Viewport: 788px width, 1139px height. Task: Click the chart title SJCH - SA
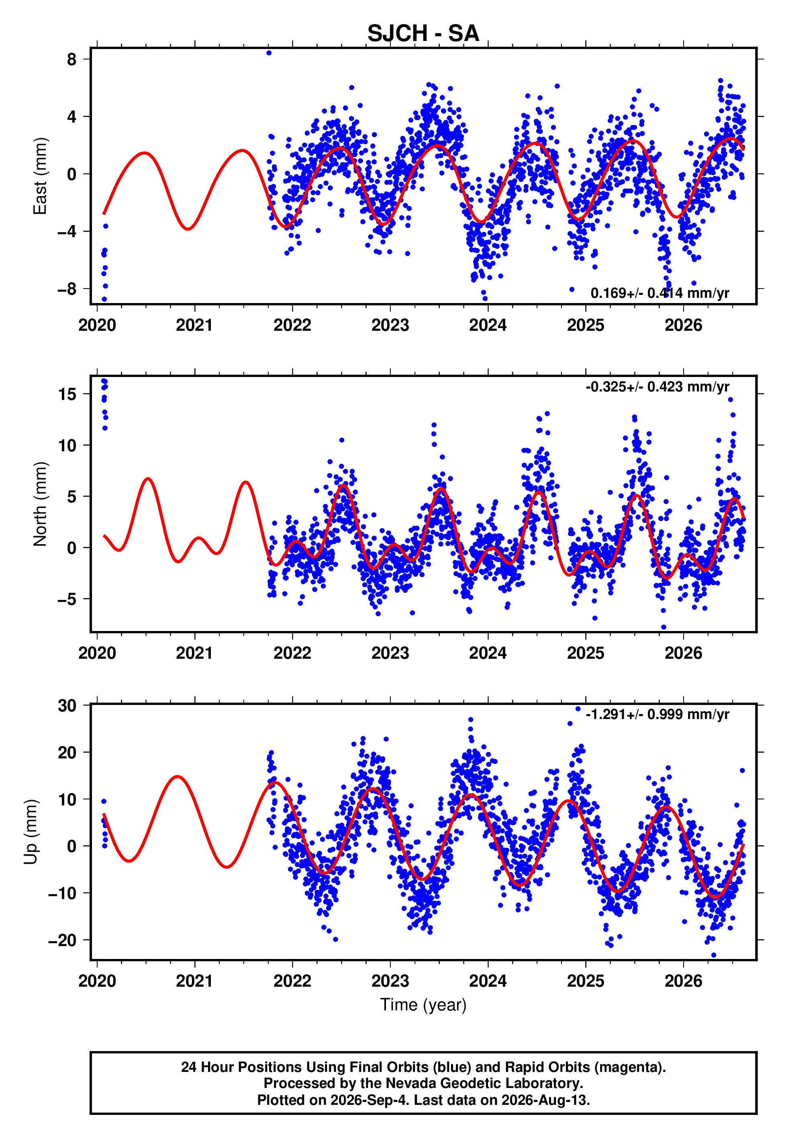coord(423,34)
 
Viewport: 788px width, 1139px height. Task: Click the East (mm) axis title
coord(40,176)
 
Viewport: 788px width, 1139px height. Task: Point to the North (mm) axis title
coord(40,504)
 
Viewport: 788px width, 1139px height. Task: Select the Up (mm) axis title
coord(31,832)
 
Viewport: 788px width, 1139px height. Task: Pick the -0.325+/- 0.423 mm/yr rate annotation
coord(657,387)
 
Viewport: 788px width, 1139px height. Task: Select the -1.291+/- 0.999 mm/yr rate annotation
coord(657,714)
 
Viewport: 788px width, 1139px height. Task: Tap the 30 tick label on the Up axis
coord(67,705)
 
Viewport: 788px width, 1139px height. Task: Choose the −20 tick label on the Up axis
coord(62,940)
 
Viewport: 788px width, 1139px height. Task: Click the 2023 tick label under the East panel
coord(390,325)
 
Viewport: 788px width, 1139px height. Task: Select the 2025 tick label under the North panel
coord(586,653)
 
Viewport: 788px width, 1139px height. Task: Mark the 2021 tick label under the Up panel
coord(194,981)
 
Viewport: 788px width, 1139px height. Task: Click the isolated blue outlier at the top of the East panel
coord(269,53)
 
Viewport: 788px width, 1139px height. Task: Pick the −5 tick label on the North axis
coord(67,599)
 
